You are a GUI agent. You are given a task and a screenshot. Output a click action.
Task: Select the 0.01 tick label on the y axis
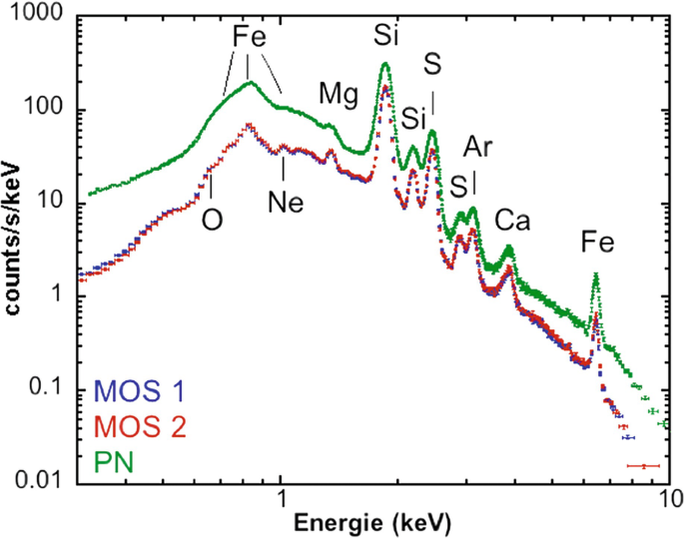pos(45,481)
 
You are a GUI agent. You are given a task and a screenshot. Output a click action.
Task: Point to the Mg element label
pos(337,95)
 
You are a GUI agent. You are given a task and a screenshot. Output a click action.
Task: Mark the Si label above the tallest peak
pos(385,37)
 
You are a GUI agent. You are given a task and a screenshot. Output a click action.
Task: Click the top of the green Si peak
pos(385,65)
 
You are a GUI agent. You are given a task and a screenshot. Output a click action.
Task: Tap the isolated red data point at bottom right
pos(644,466)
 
